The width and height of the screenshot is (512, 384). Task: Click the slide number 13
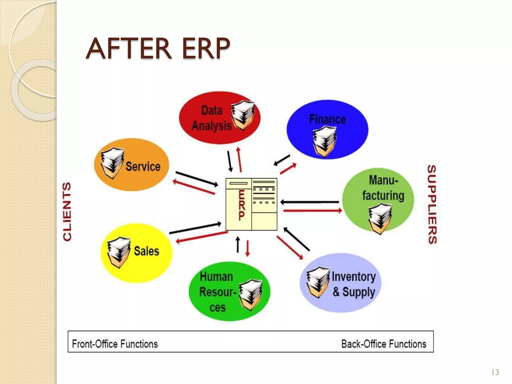click(495, 372)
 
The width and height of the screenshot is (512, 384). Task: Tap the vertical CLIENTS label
click(67, 211)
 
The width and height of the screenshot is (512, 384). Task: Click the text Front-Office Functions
click(115, 344)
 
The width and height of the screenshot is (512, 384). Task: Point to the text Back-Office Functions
click(384, 344)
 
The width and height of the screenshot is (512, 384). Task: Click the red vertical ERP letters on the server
click(241, 205)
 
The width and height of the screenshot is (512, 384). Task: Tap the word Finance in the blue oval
click(327, 119)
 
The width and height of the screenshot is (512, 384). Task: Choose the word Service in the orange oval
click(143, 166)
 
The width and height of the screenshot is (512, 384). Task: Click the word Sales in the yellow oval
click(146, 251)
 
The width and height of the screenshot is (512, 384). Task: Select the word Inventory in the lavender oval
click(353, 276)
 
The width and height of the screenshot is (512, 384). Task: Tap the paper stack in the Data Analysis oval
click(242, 115)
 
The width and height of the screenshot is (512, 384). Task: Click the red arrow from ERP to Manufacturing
click(312, 211)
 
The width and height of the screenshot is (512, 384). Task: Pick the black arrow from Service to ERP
click(196, 179)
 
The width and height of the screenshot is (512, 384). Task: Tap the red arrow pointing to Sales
click(201, 237)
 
